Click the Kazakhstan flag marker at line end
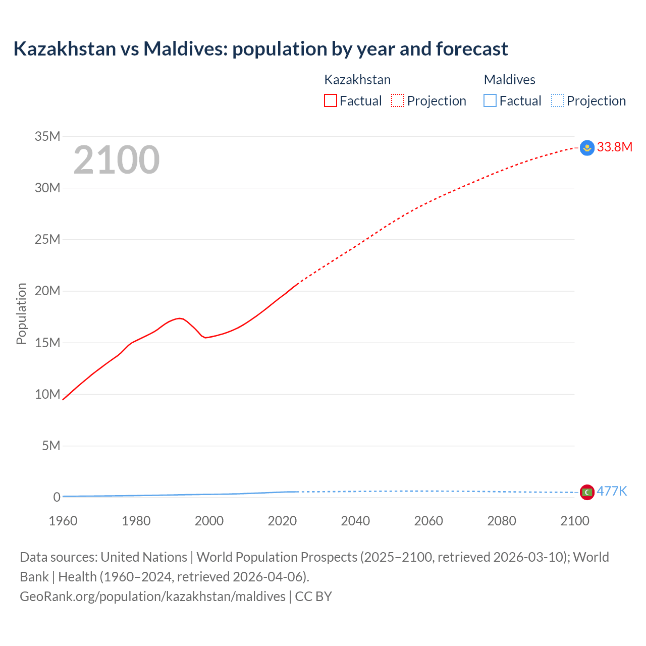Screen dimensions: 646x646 [x=587, y=148]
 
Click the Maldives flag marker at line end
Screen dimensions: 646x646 [x=587, y=492]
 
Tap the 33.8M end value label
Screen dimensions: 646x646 [x=614, y=147]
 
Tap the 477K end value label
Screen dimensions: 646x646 [x=612, y=491]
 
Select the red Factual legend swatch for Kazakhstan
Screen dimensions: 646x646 [x=330, y=101]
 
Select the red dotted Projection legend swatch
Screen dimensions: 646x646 [x=398, y=101]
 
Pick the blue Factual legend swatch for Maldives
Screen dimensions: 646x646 [x=490, y=101]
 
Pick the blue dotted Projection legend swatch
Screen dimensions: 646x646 [x=557, y=101]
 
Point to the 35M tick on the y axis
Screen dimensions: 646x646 [x=47, y=136]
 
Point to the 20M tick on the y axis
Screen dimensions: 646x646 [x=47, y=291]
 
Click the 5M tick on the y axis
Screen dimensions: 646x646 [x=51, y=446]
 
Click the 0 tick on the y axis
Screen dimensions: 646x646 [x=57, y=497]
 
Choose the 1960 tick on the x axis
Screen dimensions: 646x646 [x=63, y=521]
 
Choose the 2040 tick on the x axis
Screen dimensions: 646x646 [x=355, y=521]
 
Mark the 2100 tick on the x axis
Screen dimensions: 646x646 [x=574, y=521]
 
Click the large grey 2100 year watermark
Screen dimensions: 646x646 [x=117, y=160]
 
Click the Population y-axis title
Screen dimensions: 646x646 [x=21, y=313]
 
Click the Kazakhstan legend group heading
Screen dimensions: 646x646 [x=357, y=80]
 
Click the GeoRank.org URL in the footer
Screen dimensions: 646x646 [x=152, y=596]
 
